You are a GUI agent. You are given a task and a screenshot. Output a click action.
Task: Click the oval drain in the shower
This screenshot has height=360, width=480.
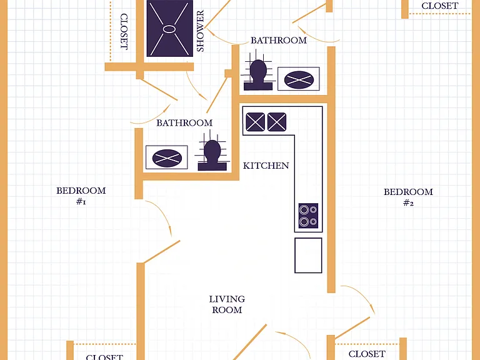(169, 29)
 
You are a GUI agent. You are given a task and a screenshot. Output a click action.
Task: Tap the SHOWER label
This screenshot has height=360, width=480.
(200, 31)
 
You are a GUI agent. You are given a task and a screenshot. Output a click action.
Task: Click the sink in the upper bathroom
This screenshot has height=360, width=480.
(299, 79)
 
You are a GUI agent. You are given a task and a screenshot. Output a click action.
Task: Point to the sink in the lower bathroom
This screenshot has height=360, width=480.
(167, 157)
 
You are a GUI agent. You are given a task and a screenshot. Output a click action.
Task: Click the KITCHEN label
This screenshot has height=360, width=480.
(266, 166)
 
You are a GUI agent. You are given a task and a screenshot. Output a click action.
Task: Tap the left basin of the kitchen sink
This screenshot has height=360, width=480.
(255, 122)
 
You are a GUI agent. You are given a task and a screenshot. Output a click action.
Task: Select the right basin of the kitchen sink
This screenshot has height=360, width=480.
(277, 122)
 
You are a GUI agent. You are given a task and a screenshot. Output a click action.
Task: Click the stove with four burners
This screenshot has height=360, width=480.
(308, 216)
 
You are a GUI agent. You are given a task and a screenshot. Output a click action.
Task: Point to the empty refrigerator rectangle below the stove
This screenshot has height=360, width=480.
(308, 255)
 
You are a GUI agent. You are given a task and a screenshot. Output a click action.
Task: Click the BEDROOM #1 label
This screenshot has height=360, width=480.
(81, 196)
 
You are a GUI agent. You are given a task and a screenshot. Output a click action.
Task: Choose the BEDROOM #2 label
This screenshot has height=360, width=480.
(408, 197)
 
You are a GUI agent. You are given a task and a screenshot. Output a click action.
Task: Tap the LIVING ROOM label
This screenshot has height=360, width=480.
(227, 304)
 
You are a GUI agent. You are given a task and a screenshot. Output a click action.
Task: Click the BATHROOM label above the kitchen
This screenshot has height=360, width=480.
(279, 41)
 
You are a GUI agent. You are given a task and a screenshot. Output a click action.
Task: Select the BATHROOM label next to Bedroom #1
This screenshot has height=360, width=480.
(184, 123)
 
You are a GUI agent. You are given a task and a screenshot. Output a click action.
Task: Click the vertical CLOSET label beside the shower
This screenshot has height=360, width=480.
(124, 31)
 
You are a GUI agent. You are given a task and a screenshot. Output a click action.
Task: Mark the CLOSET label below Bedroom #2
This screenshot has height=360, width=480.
(367, 354)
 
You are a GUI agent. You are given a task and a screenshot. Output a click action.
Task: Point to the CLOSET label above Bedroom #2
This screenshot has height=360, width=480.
(439, 6)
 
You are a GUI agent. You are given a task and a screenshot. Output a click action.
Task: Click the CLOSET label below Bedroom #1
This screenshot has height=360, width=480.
(104, 357)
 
